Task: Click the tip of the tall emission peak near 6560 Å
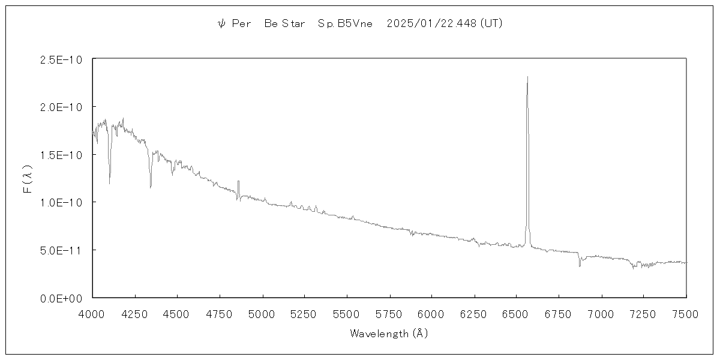tap(527, 77)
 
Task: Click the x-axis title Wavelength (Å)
tap(389, 334)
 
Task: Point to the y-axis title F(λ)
tap(27, 178)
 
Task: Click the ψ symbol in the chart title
tap(221, 24)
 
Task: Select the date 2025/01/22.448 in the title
tap(432, 24)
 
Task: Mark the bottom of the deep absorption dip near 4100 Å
tap(109, 184)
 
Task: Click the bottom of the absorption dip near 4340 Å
tap(151, 187)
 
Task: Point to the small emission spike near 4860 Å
tap(238, 181)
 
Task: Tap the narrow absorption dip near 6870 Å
tap(580, 265)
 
